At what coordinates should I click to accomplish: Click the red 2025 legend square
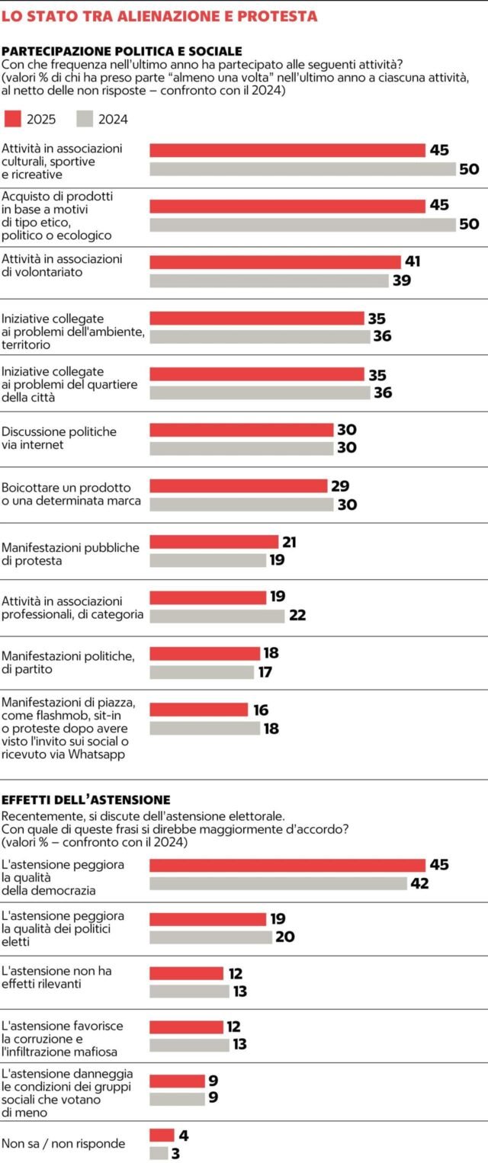pyautogui.click(x=12, y=118)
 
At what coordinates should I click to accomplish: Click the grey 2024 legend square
pyautogui.click(x=85, y=118)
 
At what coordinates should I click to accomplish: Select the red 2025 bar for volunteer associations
pyautogui.click(x=274, y=262)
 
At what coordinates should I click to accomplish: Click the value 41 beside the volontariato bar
pyautogui.click(x=413, y=262)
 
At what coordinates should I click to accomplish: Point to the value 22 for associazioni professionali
pyautogui.click(x=297, y=615)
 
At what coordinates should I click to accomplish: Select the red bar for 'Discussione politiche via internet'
pyautogui.click(x=241, y=430)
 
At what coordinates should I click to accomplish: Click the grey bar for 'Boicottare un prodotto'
pyautogui.click(x=241, y=505)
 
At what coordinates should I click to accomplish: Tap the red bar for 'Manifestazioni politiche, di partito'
pyautogui.click(x=204, y=653)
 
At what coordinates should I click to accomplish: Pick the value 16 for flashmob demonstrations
pyautogui.click(x=261, y=710)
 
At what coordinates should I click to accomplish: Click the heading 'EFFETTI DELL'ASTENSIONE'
pyautogui.click(x=85, y=799)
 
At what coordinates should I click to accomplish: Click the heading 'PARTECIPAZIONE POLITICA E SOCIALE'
pyautogui.click(x=122, y=51)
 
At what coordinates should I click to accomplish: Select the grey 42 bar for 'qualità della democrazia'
pyautogui.click(x=278, y=883)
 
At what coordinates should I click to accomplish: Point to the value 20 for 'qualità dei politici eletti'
pyautogui.click(x=285, y=937)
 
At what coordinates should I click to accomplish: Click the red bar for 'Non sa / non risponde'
pyautogui.click(x=162, y=1135)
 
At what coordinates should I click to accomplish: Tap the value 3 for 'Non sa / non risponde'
pyautogui.click(x=175, y=1153)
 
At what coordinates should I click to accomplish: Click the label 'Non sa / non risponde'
pyautogui.click(x=63, y=1143)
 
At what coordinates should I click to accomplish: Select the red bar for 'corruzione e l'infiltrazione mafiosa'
pyautogui.click(x=186, y=1027)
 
